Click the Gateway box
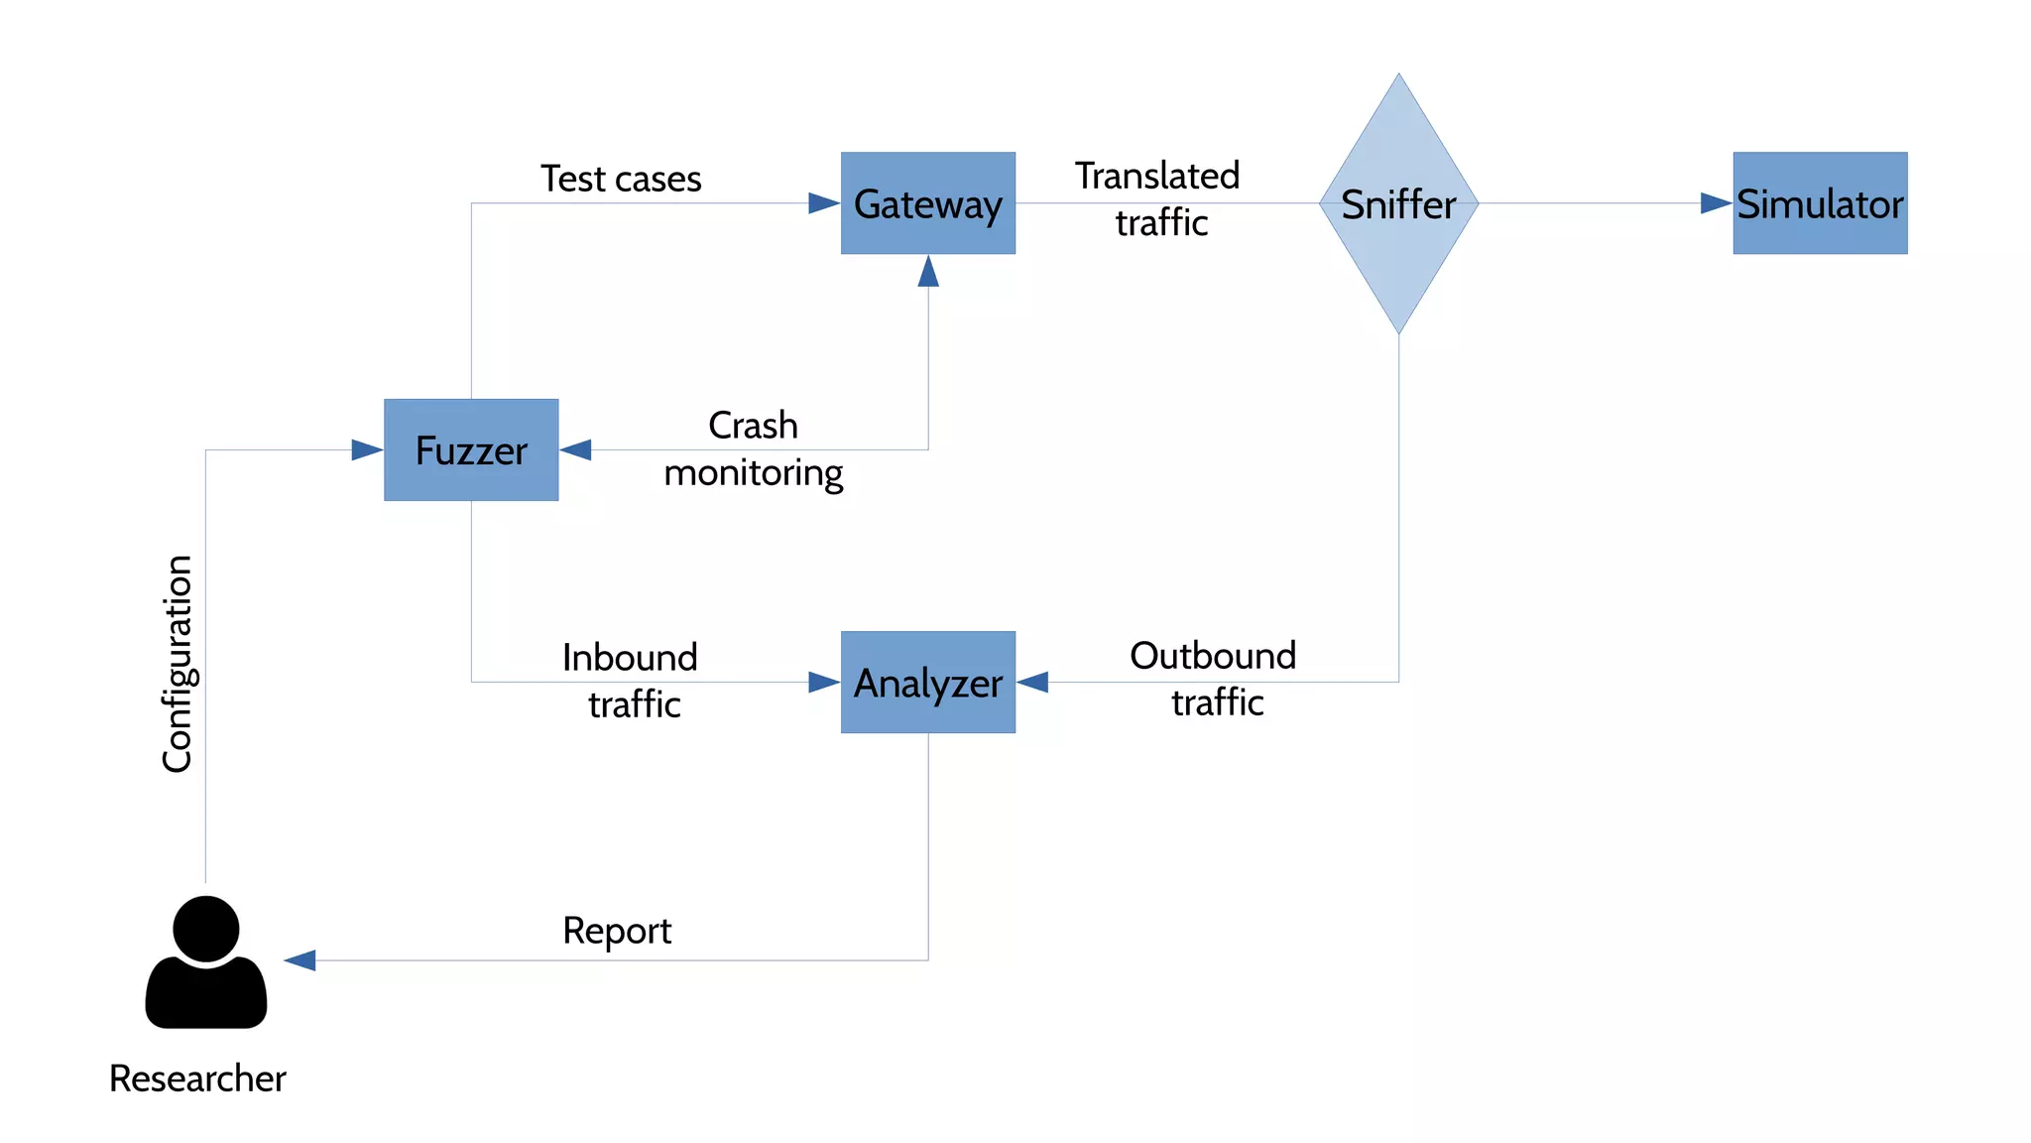click(927, 203)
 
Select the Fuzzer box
click(471, 450)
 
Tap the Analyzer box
click(927, 683)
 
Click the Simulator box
click(1820, 203)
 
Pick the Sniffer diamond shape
click(1398, 203)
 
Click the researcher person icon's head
click(206, 929)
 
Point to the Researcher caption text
click(197, 1079)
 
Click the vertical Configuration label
click(178, 663)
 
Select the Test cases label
click(621, 179)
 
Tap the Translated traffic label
click(1158, 198)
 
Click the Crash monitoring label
click(753, 448)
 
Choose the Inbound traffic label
click(631, 681)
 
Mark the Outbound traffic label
click(1214, 679)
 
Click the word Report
click(616, 931)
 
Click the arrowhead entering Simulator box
click(1715, 203)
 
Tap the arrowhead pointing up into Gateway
click(928, 272)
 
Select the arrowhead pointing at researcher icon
click(300, 960)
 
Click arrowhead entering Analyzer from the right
click(1033, 682)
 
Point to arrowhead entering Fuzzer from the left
click(366, 450)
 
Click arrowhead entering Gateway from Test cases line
click(823, 203)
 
